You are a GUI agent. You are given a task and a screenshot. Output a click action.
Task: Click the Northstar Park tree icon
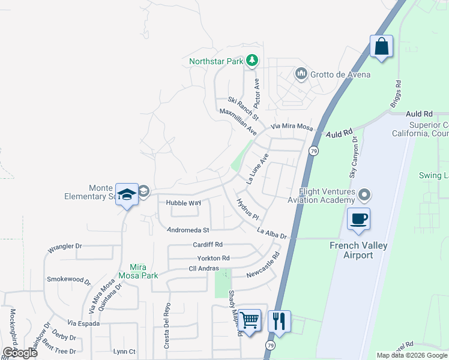pyautogui.click(x=253, y=61)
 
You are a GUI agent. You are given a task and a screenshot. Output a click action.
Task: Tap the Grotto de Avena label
pyautogui.click(x=340, y=74)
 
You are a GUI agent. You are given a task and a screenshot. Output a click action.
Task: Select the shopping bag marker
pyautogui.click(x=381, y=46)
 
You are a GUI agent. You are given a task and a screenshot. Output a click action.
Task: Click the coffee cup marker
pyautogui.click(x=358, y=218)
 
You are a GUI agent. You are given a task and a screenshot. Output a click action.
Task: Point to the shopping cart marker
pyautogui.click(x=249, y=320)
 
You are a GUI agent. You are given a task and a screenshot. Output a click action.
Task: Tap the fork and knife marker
pyautogui.click(x=279, y=320)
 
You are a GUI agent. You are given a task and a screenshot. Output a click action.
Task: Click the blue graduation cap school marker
pyautogui.click(x=127, y=194)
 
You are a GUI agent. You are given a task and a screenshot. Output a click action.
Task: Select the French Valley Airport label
pyautogui.click(x=359, y=250)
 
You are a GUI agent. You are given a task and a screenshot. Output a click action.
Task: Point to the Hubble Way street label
pyautogui.click(x=183, y=203)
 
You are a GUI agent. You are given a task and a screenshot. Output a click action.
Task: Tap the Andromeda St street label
pyautogui.click(x=188, y=230)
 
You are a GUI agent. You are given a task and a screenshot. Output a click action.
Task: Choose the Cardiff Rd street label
pyautogui.click(x=208, y=245)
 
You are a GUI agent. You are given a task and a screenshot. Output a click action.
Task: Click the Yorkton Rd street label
pyautogui.click(x=213, y=258)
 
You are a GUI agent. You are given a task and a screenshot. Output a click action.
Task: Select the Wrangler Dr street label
pyautogui.click(x=64, y=247)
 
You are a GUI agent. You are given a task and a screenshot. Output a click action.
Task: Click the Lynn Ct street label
pyautogui.click(x=124, y=352)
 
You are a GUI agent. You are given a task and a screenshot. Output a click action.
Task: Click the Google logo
pyautogui.click(x=20, y=352)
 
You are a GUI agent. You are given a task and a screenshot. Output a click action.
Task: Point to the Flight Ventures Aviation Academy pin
pyautogui.click(x=364, y=195)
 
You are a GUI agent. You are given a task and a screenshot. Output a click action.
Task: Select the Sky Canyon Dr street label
pyautogui.click(x=354, y=156)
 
